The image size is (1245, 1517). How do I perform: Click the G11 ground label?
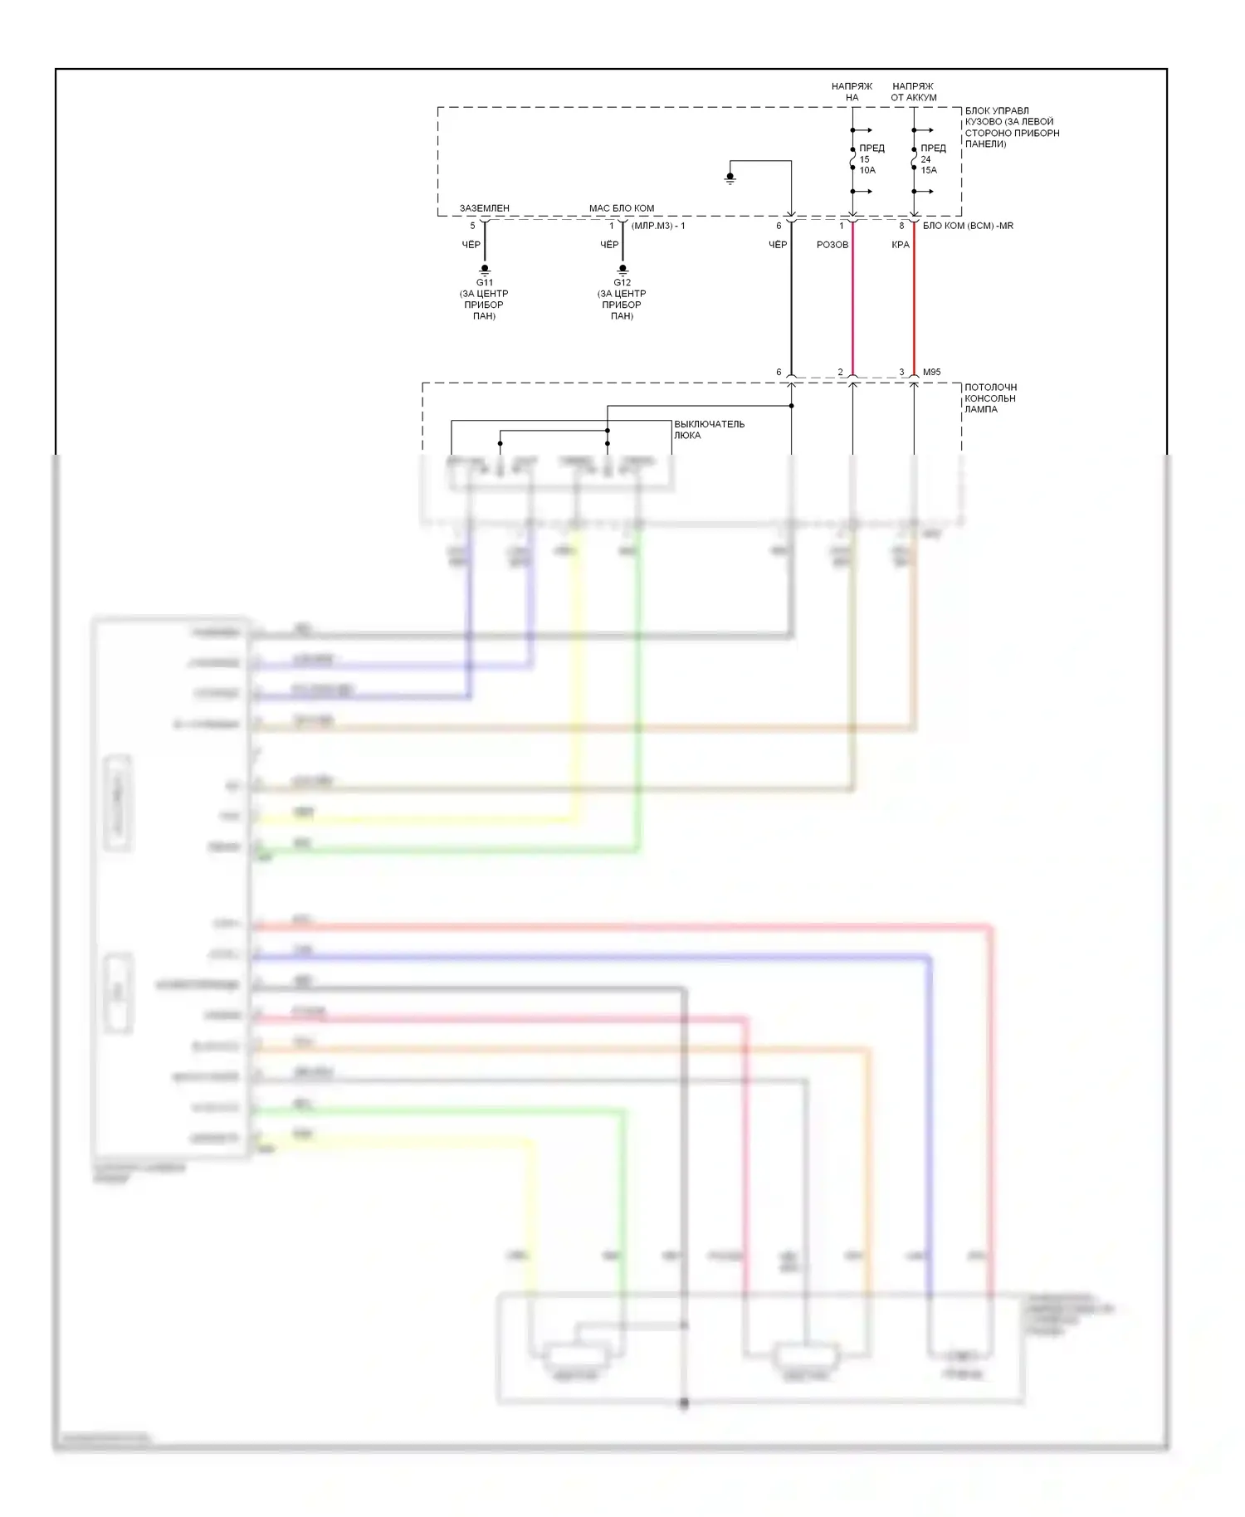pyautogui.click(x=484, y=283)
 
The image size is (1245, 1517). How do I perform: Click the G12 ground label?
pyautogui.click(x=622, y=283)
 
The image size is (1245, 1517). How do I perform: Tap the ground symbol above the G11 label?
pyautogui.click(x=485, y=270)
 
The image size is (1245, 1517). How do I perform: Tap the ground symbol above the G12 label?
pyautogui.click(x=622, y=270)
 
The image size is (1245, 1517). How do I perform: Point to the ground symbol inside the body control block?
pyautogui.click(x=730, y=178)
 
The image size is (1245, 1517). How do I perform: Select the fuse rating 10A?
pyautogui.click(x=867, y=170)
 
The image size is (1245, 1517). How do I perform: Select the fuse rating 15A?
pyautogui.click(x=929, y=170)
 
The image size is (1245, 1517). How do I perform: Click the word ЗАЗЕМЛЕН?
pyautogui.click(x=485, y=208)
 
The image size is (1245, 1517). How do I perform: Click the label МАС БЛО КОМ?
pyautogui.click(x=622, y=208)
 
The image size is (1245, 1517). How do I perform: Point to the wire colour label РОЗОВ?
pyautogui.click(x=832, y=245)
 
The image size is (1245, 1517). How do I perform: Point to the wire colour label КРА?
pyautogui.click(x=901, y=245)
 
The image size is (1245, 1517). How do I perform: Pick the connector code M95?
pyautogui.click(x=932, y=373)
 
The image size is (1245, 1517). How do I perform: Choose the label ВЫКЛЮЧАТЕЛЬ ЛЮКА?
pyautogui.click(x=709, y=429)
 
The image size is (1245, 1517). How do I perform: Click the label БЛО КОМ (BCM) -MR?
pyautogui.click(x=968, y=226)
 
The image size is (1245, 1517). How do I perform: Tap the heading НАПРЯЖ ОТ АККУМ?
pyautogui.click(x=913, y=91)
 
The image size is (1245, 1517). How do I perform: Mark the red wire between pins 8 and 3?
pyautogui.click(x=914, y=307)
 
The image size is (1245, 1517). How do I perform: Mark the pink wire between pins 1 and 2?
pyautogui.click(x=852, y=307)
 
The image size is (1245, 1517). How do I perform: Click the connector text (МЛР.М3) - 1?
pyautogui.click(x=658, y=226)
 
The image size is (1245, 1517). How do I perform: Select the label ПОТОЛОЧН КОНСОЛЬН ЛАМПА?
pyautogui.click(x=990, y=398)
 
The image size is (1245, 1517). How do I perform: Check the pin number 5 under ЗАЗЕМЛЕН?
pyautogui.click(x=473, y=226)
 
